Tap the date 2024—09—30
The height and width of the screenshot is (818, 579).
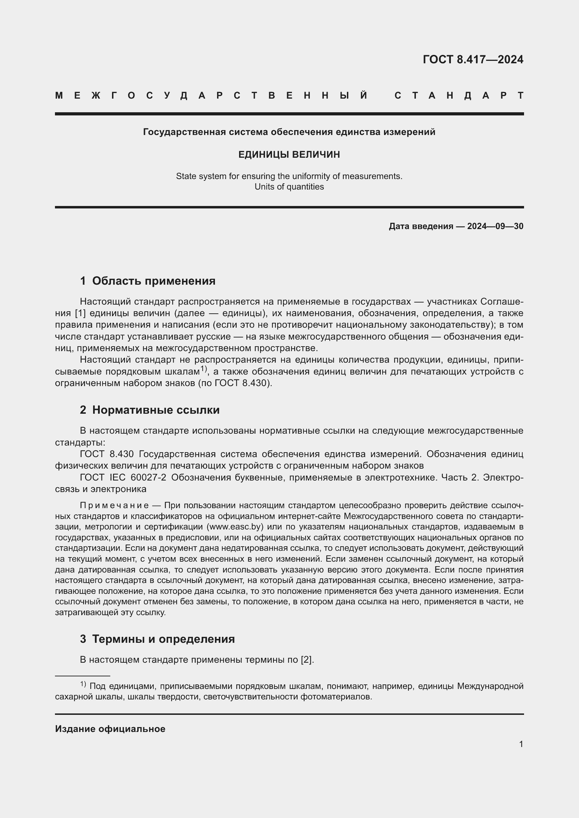(495, 226)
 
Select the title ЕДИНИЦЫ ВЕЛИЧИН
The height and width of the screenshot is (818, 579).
(289, 155)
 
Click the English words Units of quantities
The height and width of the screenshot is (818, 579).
(289, 187)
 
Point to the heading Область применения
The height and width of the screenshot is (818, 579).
(154, 281)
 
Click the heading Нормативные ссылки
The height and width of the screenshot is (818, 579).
(156, 410)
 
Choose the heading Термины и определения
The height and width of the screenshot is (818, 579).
(163, 639)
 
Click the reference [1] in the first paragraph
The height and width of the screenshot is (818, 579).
(80, 313)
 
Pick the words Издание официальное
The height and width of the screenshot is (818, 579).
(110, 728)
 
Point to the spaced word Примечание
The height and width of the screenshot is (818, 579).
(114, 505)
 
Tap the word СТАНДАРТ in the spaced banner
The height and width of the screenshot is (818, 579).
(459, 95)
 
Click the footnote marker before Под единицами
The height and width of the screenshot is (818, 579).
(83, 684)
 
